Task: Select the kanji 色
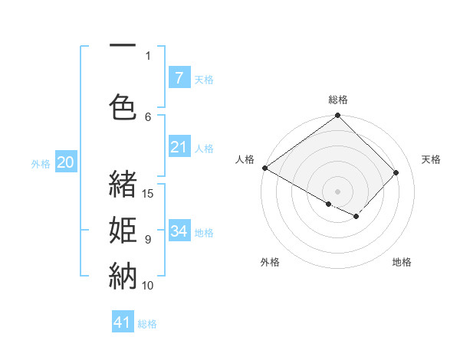(x=123, y=107)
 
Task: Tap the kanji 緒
(x=123, y=184)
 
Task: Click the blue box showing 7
(x=179, y=77)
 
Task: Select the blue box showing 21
(x=179, y=147)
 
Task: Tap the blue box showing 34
(x=179, y=231)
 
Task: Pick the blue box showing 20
(x=66, y=162)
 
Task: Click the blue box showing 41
(x=123, y=322)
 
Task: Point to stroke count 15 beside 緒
(x=149, y=193)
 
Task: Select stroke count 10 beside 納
(x=148, y=285)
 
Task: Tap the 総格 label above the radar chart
(x=338, y=100)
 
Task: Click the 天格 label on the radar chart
(x=431, y=159)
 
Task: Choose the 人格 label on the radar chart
(x=245, y=159)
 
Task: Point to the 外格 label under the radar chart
(x=270, y=262)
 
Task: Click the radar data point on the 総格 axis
(x=338, y=116)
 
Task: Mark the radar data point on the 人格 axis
(x=265, y=168)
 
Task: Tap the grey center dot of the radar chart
(x=338, y=191)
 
